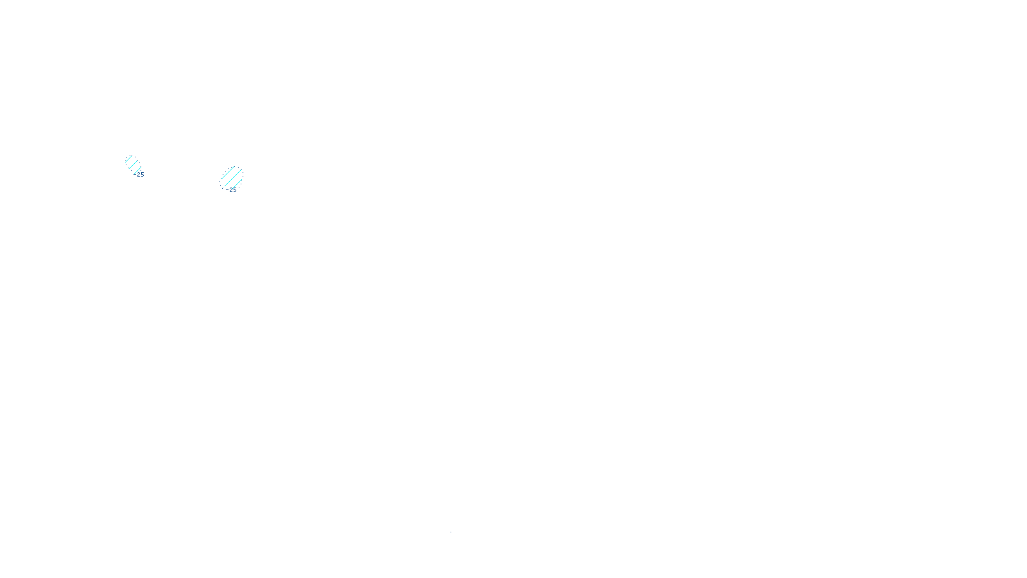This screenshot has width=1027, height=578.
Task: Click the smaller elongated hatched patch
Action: point(133,164)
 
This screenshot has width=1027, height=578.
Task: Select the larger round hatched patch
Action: point(232,177)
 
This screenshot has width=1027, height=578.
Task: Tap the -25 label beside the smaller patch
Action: point(141,175)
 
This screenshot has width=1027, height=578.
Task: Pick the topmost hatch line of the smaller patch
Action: point(128,159)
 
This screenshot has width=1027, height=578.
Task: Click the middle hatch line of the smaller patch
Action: point(133,164)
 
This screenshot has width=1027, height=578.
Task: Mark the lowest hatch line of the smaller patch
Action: point(137,170)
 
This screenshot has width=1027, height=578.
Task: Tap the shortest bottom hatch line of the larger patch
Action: point(238,184)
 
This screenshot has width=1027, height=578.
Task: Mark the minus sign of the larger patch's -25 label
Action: point(228,190)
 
